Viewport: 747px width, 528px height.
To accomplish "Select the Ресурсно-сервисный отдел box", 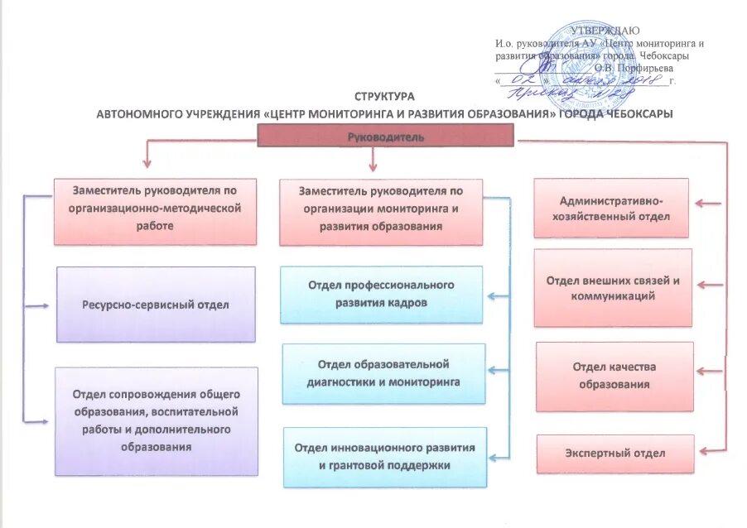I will tap(155, 304).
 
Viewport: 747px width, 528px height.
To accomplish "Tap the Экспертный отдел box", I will tap(614, 454).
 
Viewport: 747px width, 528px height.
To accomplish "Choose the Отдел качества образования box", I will tap(614, 376).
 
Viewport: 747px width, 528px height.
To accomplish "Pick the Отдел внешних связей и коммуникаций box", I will tap(613, 288).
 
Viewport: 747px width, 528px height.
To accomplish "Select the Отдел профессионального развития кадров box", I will tap(381, 294).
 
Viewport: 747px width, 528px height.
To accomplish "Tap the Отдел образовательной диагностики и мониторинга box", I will tap(383, 373).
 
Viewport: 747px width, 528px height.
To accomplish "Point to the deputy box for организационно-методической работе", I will tap(156, 210).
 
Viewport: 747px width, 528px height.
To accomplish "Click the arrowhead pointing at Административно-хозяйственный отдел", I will tap(698, 201).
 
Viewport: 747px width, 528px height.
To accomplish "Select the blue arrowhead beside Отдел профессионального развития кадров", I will tap(492, 295).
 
